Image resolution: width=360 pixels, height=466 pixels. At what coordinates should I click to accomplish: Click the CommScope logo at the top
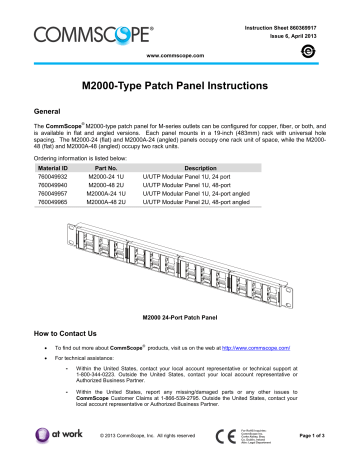tap(79, 20)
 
